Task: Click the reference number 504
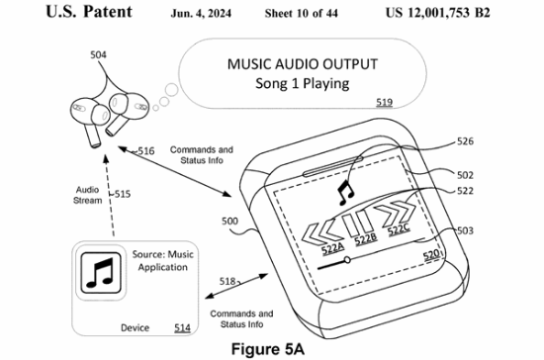click(x=98, y=54)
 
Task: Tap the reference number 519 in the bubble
click(x=384, y=102)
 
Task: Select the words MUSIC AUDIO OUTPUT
click(x=303, y=64)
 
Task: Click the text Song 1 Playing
click(x=303, y=84)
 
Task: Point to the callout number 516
click(x=146, y=151)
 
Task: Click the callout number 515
click(x=123, y=194)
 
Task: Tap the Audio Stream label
click(x=88, y=195)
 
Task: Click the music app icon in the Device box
click(x=101, y=273)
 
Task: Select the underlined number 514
click(x=182, y=327)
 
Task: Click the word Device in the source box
click(x=135, y=327)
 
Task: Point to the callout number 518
click(x=227, y=281)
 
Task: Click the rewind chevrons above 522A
click(x=321, y=232)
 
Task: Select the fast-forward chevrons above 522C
click(x=397, y=214)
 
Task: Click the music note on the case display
click(x=345, y=193)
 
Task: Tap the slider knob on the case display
click(x=346, y=259)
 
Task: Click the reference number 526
click(x=465, y=141)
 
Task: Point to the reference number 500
click(x=229, y=222)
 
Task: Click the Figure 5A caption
click(x=268, y=349)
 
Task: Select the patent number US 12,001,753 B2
click(x=438, y=13)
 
